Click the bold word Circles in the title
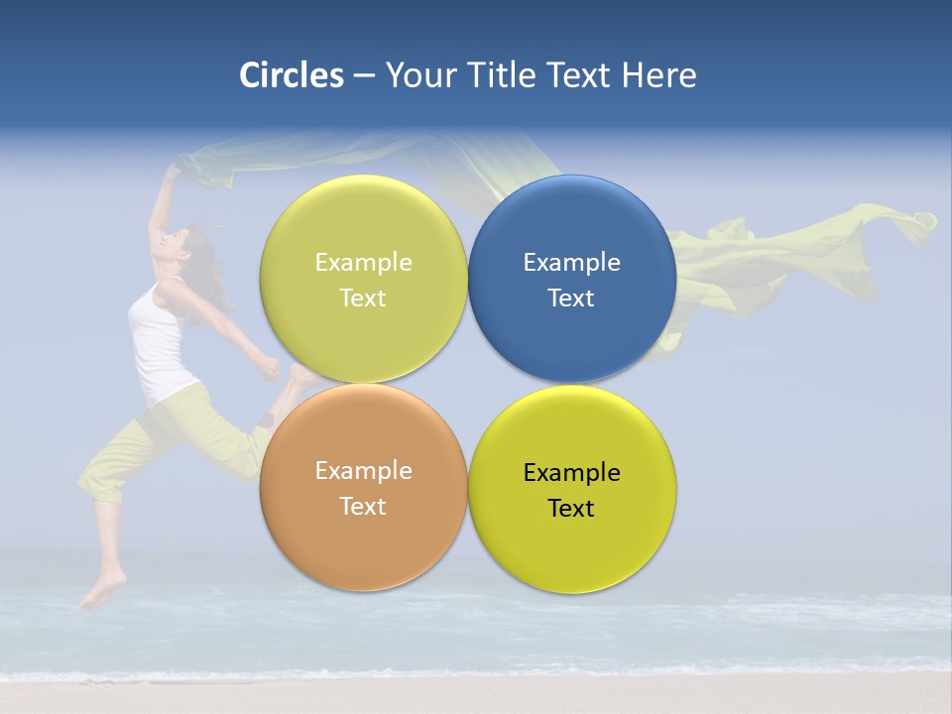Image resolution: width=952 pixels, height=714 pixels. click(292, 75)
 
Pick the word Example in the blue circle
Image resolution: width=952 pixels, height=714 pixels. click(571, 263)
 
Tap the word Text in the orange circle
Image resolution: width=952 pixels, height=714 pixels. click(363, 507)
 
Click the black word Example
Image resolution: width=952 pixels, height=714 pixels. click(571, 473)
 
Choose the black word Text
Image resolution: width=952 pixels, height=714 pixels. click(571, 509)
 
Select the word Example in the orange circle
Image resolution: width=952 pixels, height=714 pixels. click(363, 471)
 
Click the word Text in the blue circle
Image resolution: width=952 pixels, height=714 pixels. click(571, 298)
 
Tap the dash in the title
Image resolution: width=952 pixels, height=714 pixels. click(364, 75)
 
